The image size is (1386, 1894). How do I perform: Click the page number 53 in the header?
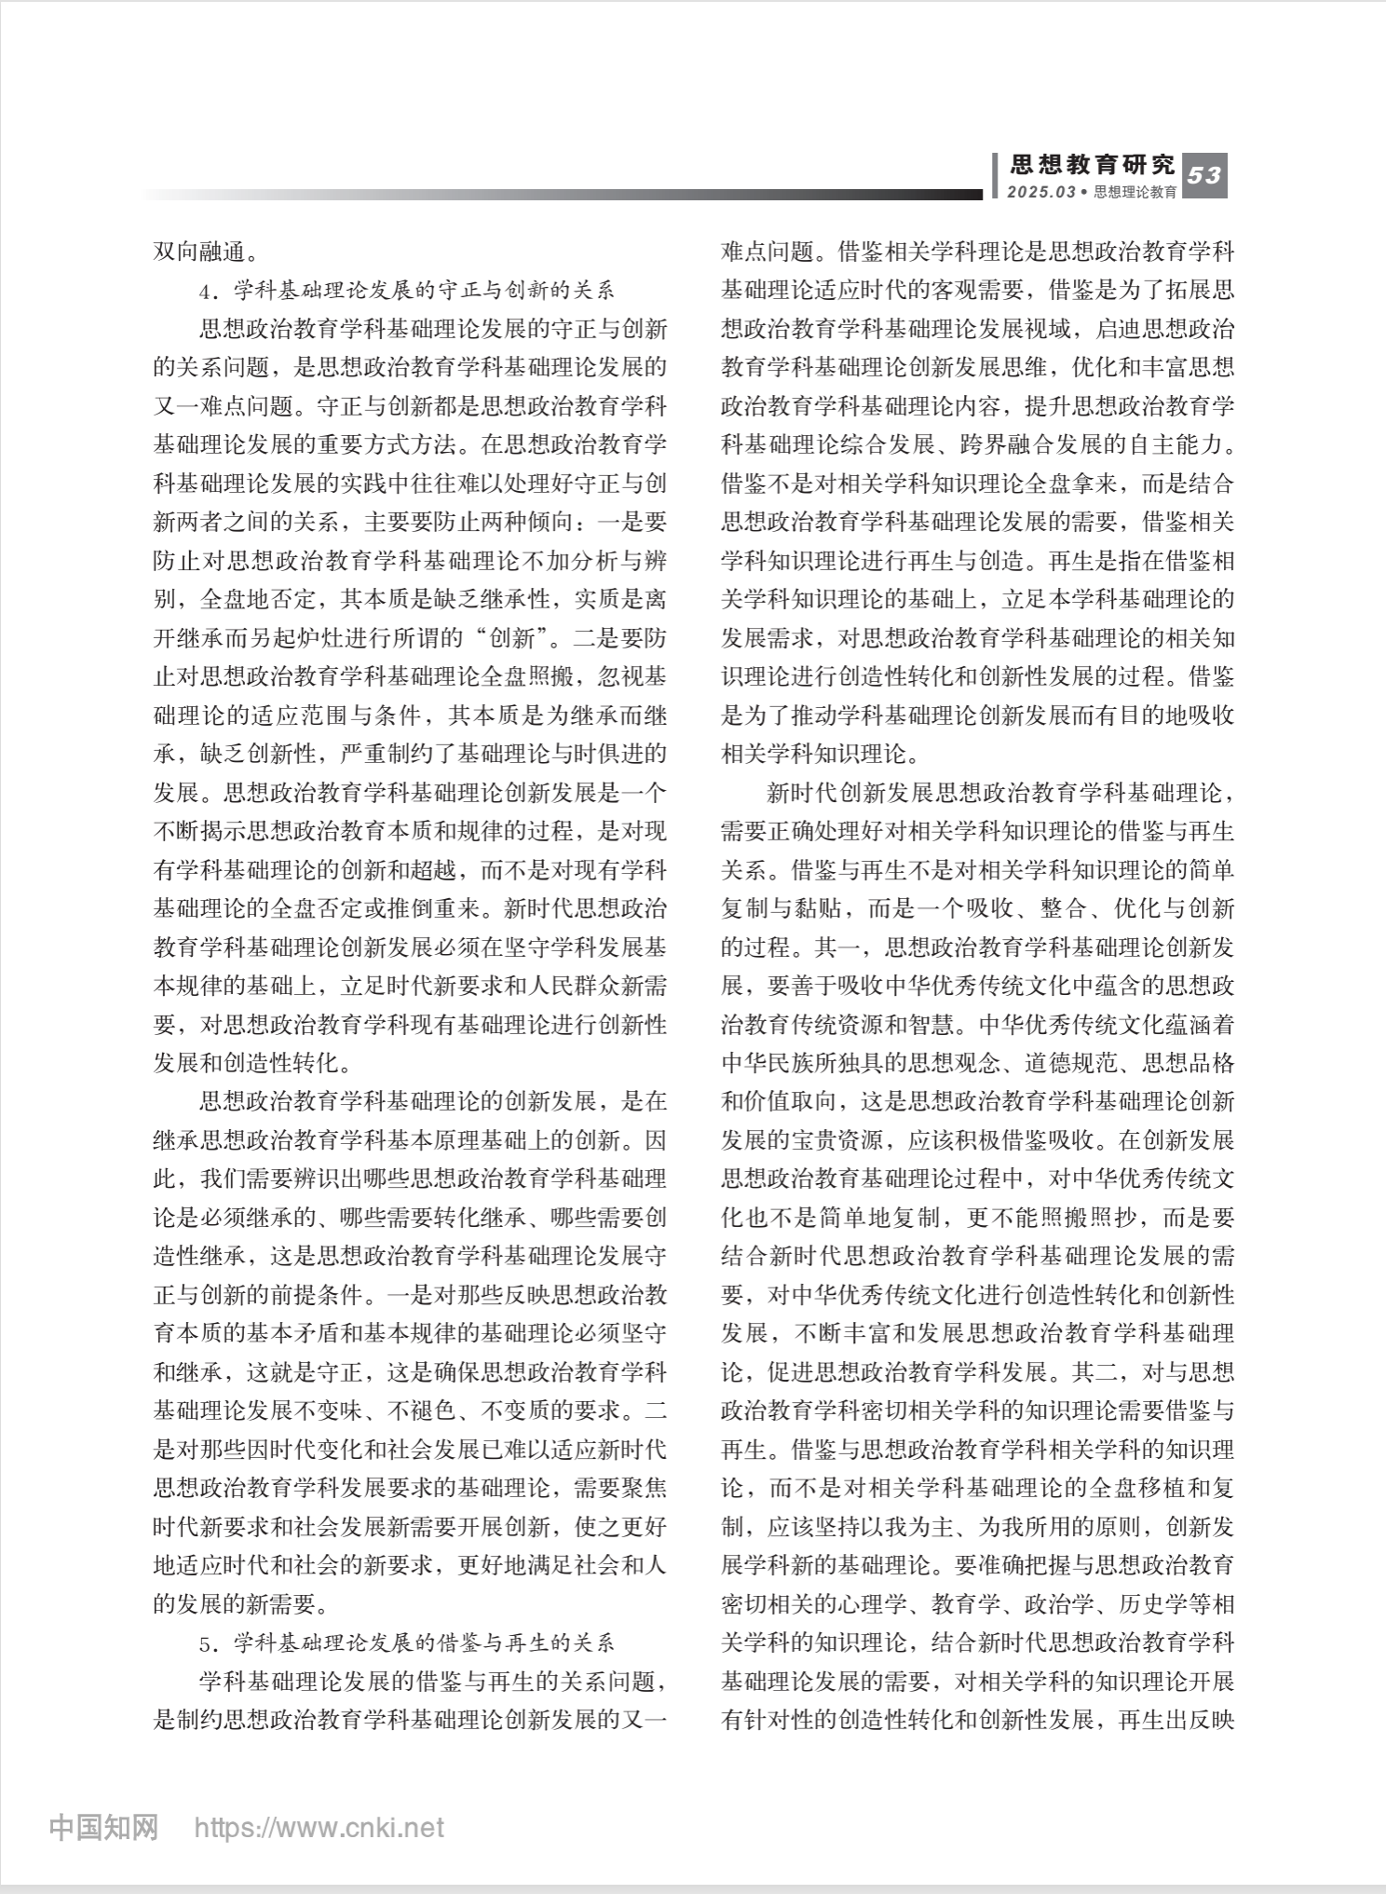coord(1204,175)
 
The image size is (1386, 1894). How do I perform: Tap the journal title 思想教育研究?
coord(1093,166)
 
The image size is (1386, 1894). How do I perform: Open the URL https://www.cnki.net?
coord(319,1828)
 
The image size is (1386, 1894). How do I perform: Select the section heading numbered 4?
coord(407,291)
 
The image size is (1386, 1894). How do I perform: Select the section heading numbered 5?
coord(407,1643)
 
